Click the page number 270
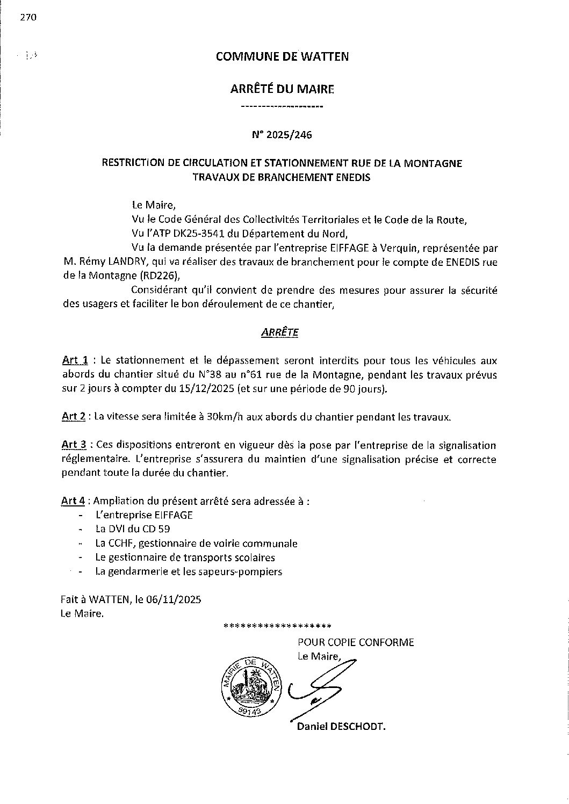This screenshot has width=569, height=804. pos(28,18)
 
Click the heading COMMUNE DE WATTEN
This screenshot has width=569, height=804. pos(282,56)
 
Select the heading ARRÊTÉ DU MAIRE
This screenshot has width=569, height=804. pos(282,89)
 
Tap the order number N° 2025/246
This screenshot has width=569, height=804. pos(282,135)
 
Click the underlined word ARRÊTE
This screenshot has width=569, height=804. pos(279,333)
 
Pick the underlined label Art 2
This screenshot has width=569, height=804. pos(74,417)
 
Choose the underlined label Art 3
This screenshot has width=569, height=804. pos(74,445)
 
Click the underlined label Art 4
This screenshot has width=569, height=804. pos(73,501)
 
